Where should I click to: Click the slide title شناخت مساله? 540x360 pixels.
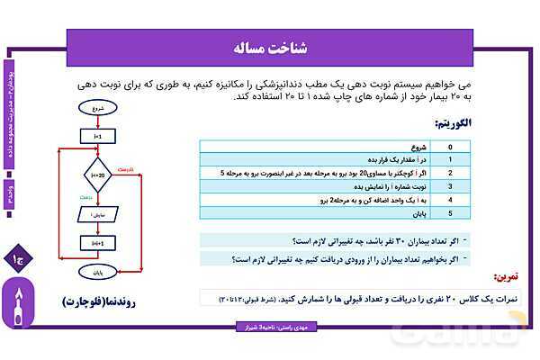pos(270,46)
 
